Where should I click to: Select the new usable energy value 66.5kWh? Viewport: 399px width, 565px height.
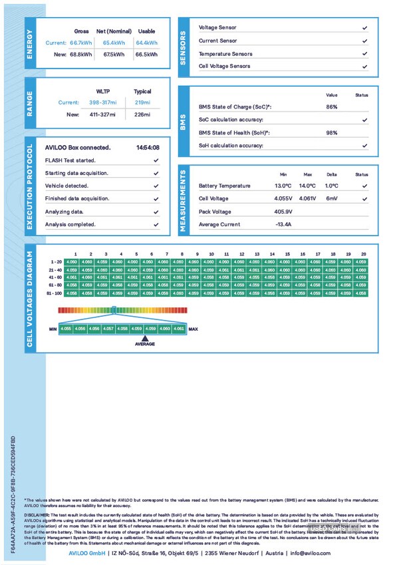146,55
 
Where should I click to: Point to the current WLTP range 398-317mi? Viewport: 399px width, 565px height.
103,102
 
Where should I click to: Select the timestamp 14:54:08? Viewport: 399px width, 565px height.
148,147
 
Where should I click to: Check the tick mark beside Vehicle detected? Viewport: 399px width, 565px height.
156,186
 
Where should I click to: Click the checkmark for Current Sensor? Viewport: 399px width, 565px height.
364,41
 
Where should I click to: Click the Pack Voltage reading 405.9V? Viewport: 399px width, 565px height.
284,212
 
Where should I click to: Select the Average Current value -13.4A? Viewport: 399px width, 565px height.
284,224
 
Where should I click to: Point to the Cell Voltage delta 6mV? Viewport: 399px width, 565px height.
332,198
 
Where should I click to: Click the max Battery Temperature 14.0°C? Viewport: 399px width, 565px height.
308,186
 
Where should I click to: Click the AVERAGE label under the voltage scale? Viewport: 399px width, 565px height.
145,343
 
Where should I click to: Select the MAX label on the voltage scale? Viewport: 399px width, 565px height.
194,329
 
